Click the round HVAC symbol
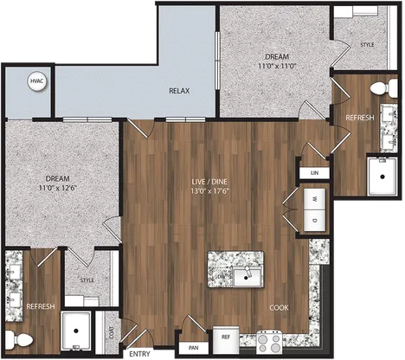click(x=37, y=81)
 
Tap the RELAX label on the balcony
click(x=179, y=91)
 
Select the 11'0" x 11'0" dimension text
click(x=277, y=66)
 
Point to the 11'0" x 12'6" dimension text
click(x=58, y=188)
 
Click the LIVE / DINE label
click(x=209, y=182)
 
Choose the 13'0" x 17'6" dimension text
click(x=209, y=190)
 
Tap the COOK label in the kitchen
click(x=279, y=308)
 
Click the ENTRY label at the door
click(x=139, y=354)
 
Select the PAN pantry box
click(x=194, y=348)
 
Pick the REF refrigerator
click(x=226, y=340)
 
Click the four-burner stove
click(x=269, y=343)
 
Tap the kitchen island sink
click(x=247, y=277)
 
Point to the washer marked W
click(x=315, y=199)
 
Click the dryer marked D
click(x=315, y=221)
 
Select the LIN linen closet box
click(x=314, y=173)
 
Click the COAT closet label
click(x=112, y=332)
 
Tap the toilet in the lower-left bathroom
click(x=19, y=339)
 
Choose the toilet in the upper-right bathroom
click(x=384, y=87)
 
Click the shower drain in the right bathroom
click(x=382, y=177)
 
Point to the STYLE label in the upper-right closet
click(x=367, y=45)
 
